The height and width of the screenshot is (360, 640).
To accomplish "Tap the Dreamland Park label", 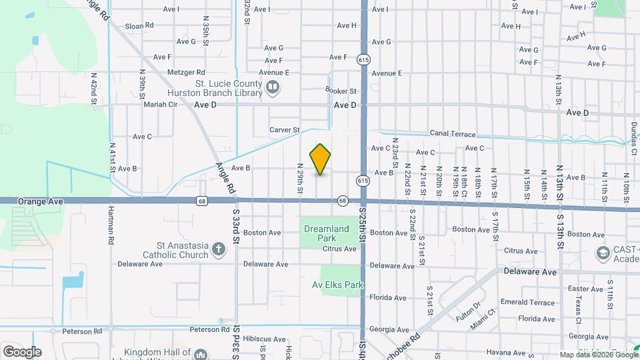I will (326, 233).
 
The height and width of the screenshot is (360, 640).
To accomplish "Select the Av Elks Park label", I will (337, 285).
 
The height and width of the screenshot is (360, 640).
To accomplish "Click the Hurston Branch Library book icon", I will (273, 87).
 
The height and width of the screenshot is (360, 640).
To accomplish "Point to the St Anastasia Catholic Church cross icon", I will (218, 251).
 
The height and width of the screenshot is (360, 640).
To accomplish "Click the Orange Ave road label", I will (31, 200).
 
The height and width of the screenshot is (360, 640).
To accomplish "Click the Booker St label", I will (341, 91).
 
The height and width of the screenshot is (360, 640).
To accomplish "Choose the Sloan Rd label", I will (139, 25).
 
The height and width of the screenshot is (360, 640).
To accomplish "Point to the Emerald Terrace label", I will (527, 303).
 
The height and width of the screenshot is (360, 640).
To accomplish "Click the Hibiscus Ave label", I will (263, 339).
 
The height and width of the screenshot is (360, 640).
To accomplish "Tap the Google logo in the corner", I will (22, 351).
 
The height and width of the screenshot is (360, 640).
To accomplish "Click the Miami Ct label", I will (483, 315).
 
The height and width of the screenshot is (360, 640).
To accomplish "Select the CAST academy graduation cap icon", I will (603, 253).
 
